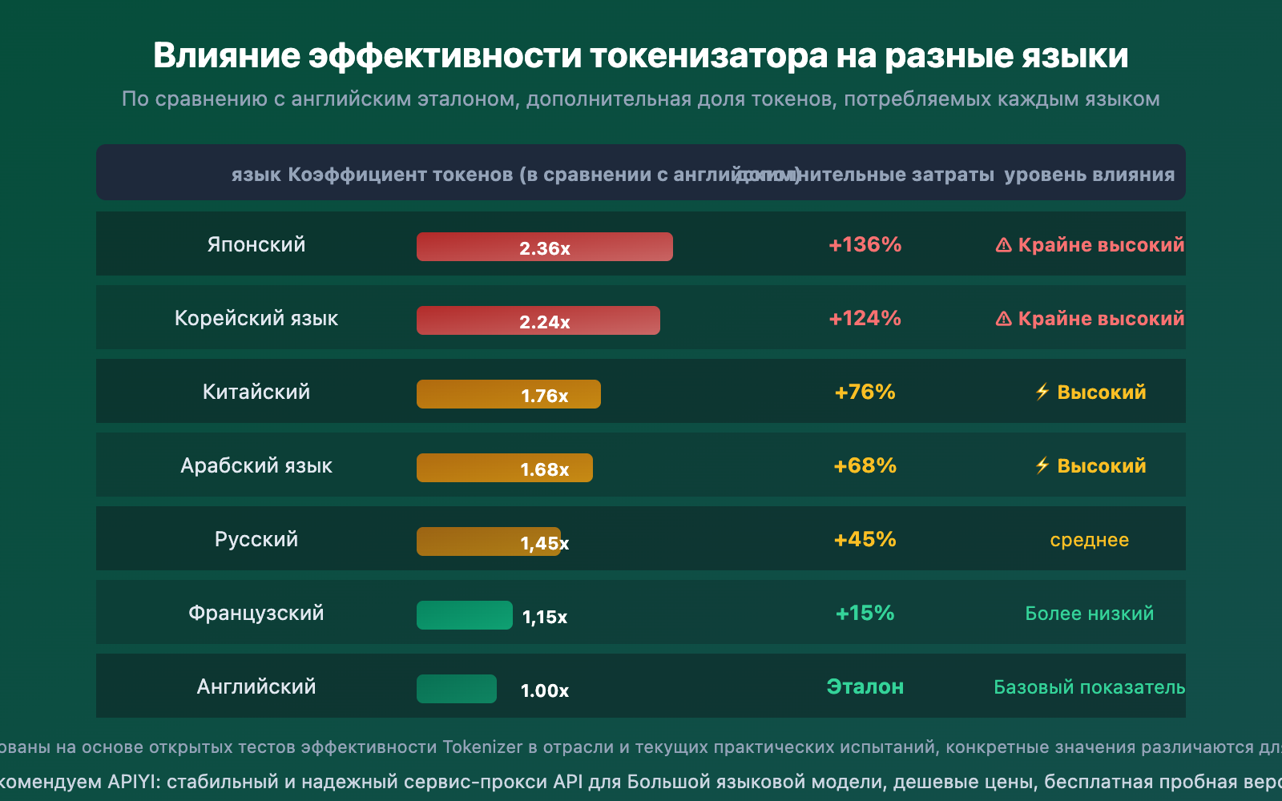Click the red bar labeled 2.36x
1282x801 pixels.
coord(545,247)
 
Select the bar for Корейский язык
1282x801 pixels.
coord(538,320)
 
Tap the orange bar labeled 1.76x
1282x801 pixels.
coord(509,394)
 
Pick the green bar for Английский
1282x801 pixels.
coord(457,689)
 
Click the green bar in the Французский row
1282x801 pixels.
coord(465,615)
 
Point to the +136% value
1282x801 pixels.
coord(865,244)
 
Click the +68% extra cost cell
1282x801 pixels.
coord(865,465)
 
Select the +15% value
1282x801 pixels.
coord(865,613)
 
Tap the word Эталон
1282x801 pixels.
coord(865,686)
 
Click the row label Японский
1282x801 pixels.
coord(256,244)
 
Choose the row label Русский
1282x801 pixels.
coord(256,539)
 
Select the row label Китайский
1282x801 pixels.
coord(256,392)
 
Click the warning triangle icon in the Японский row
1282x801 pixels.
coord(1003,245)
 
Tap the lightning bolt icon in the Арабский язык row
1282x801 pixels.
coord(1042,465)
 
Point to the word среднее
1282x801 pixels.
coord(1089,540)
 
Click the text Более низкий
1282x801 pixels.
coord(1089,614)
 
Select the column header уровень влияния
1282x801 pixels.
coord(1089,175)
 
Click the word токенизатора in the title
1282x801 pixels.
coord(708,56)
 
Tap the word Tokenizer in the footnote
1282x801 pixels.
coord(482,747)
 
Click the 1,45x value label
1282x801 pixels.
coord(545,543)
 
